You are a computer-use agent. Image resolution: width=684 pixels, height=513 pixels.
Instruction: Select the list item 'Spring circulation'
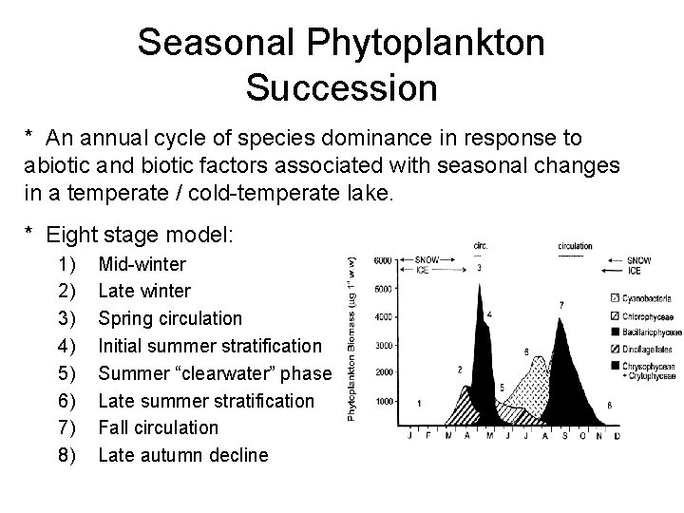tap(170, 318)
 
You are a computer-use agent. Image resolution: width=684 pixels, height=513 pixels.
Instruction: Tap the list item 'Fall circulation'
tap(159, 427)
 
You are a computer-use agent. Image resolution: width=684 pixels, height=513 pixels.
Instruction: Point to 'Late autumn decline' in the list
tap(183, 455)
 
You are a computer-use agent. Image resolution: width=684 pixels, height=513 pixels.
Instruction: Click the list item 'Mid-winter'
tap(142, 263)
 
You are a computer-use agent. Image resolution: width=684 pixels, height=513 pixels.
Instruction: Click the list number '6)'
tap(67, 400)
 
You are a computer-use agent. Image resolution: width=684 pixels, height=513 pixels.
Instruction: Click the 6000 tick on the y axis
tap(380, 259)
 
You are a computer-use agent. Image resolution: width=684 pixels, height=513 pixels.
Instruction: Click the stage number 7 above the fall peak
tap(561, 305)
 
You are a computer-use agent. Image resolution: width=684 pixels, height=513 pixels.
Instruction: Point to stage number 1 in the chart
tap(419, 404)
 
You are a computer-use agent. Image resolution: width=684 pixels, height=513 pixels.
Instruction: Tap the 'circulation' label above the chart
tap(570, 245)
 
